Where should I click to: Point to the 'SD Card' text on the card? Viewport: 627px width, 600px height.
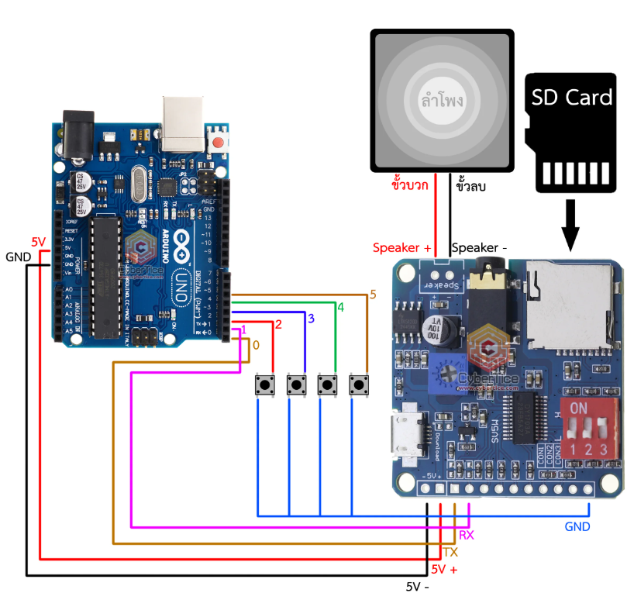571,98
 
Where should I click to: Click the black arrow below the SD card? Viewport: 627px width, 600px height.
571,225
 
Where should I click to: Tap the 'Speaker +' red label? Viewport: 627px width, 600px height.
401,248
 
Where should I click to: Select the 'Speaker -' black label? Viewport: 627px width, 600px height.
479,248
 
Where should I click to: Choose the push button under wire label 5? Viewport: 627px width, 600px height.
360,384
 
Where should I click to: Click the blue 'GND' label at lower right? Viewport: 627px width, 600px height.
577,527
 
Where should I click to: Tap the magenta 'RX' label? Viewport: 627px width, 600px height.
467,536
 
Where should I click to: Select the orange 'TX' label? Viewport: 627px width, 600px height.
450,552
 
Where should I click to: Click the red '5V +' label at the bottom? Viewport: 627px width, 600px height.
444,570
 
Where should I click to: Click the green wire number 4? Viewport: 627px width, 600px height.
339,308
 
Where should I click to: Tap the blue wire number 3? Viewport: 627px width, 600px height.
311,319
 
